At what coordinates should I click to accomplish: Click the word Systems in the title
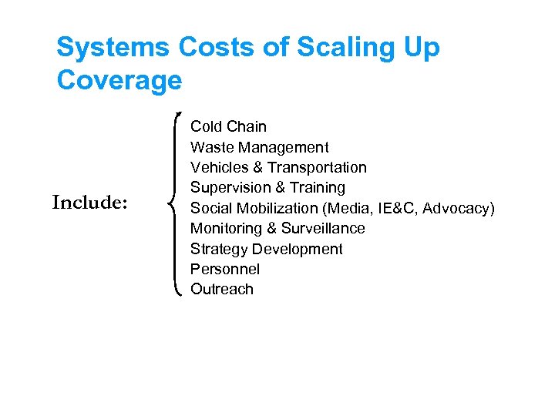pos(113,48)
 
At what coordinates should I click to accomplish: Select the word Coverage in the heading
pos(119,80)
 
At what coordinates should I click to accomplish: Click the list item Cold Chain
pos(228,126)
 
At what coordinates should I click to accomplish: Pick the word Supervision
pos(230,187)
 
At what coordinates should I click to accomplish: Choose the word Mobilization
pos(277,208)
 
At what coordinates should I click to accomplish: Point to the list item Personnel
pos(225,269)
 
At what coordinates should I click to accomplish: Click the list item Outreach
pos(222,289)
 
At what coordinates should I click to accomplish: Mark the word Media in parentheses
pos(351,208)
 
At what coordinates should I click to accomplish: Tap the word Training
pos(318,187)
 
